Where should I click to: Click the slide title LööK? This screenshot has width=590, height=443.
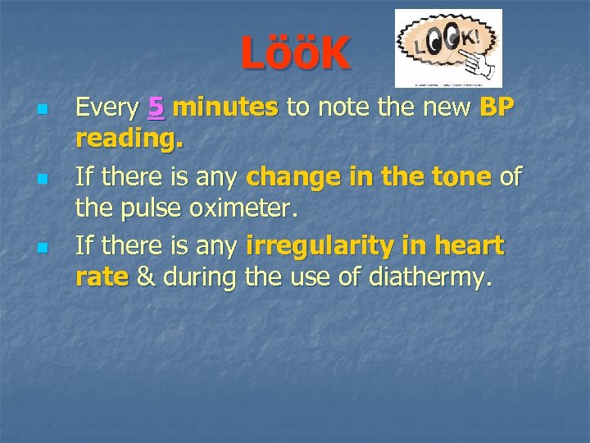[x=295, y=55]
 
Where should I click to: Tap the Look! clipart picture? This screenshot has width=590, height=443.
[x=448, y=48]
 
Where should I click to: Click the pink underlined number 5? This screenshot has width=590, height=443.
[x=156, y=107]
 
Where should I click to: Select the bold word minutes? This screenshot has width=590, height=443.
[x=226, y=107]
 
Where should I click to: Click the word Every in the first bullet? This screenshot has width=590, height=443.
[x=107, y=107]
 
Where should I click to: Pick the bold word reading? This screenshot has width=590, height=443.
[x=129, y=140]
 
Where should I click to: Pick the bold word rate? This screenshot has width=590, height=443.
[x=102, y=277]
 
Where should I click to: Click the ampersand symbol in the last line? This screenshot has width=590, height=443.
[x=146, y=277]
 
